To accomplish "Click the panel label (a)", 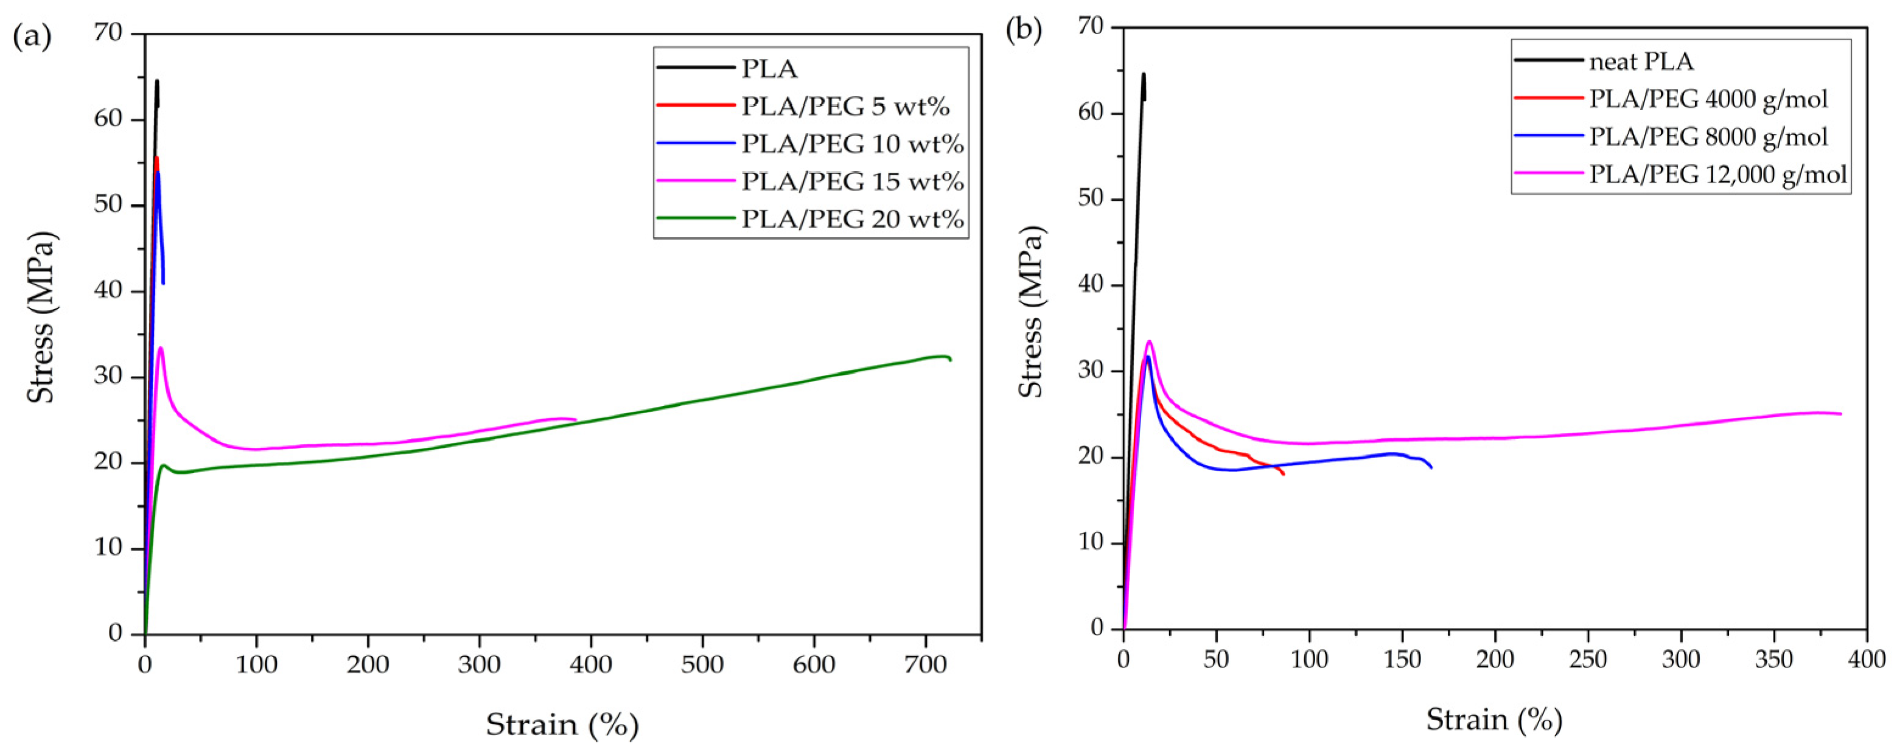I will (x=32, y=38).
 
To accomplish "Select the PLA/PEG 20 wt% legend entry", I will (x=852, y=220).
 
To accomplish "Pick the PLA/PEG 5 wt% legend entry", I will (x=845, y=107).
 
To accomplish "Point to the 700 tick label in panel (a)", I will (x=925, y=664).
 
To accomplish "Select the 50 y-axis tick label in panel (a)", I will (x=109, y=206).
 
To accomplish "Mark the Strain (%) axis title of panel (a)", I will (x=562, y=725).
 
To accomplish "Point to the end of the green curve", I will (x=951, y=360).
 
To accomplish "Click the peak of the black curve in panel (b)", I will (x=1144, y=74).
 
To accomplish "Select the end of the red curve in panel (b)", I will (x=1284, y=475).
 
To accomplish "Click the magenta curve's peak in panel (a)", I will (x=160, y=347).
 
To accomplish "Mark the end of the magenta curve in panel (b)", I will (x=1841, y=414).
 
